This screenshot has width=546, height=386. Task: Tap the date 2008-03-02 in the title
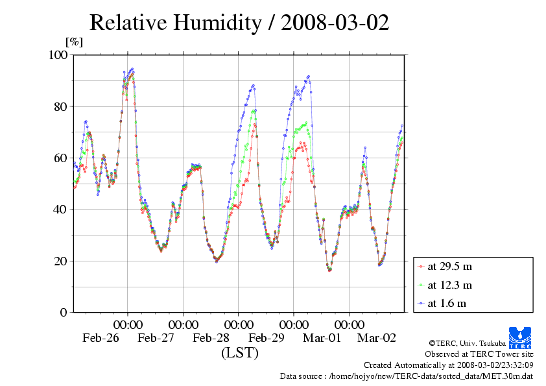click(335, 23)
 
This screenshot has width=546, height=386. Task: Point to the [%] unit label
click(75, 42)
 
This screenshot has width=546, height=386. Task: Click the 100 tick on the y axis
click(58, 55)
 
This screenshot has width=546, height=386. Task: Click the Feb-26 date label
click(101, 338)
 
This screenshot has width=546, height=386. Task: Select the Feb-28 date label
click(211, 338)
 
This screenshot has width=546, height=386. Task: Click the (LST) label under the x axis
click(239, 353)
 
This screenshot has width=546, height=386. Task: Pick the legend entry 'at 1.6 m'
click(447, 303)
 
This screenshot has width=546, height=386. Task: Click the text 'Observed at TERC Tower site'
click(479, 354)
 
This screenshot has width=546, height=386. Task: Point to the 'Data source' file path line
click(407, 376)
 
